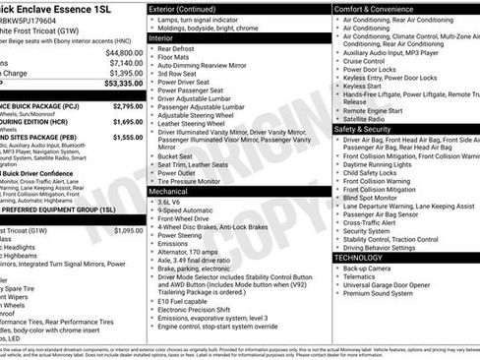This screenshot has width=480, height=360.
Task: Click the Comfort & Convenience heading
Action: click(x=375, y=9)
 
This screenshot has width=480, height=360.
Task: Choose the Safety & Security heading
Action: click(x=368, y=128)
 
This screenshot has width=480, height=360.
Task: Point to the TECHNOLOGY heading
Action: click(x=366, y=258)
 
